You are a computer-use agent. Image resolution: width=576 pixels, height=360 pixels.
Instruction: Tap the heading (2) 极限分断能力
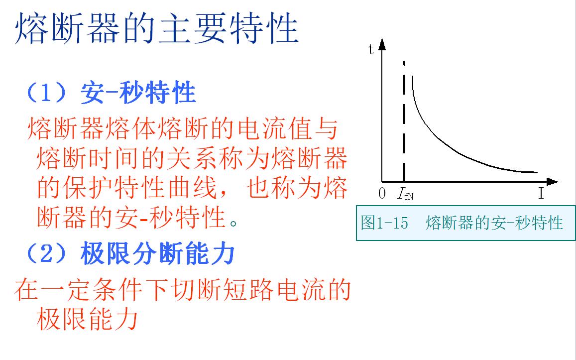(x=130, y=254)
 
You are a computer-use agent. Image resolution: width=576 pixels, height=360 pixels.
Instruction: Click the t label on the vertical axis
(x=371, y=49)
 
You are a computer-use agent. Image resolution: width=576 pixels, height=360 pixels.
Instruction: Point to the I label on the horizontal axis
(x=541, y=194)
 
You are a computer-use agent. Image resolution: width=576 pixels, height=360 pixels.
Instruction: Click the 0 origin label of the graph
(x=382, y=194)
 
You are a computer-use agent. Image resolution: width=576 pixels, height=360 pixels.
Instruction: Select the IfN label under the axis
(x=405, y=194)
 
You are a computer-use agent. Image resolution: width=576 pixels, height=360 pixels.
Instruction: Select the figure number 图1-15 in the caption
(x=384, y=223)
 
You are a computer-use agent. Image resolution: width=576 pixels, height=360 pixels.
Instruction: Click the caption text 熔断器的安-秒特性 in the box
(x=494, y=223)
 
